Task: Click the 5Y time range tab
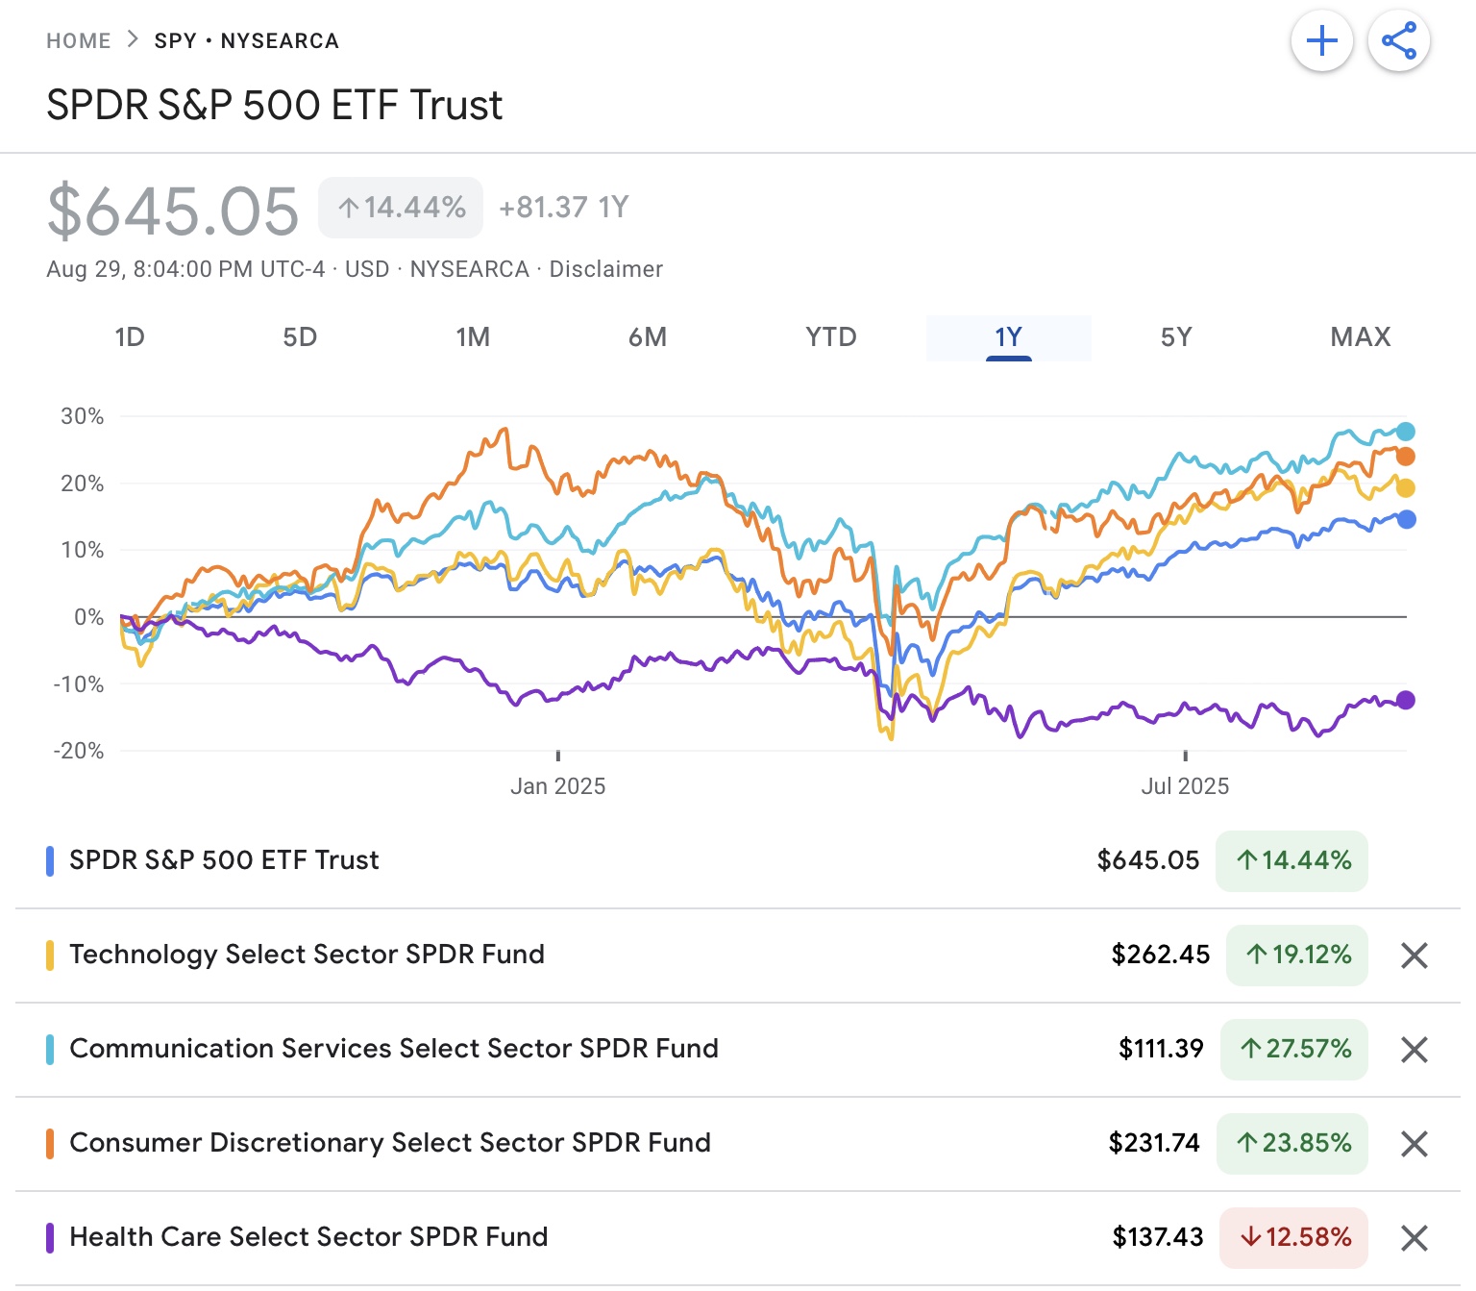coord(1175,337)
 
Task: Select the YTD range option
coord(830,337)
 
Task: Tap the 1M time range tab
coord(473,337)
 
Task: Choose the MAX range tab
coord(1360,337)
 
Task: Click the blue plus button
coord(1322,41)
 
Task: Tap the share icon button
coord(1399,41)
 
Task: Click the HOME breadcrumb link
coord(79,41)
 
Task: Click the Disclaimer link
coord(605,269)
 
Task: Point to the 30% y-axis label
coord(83,416)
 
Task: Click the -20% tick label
coord(79,751)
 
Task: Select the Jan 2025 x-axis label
coord(557,786)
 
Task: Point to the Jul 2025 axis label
coord(1185,786)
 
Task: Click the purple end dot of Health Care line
coord(1406,700)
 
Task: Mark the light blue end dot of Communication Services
coord(1406,432)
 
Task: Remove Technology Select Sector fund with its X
coord(1414,956)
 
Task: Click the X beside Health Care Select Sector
coord(1414,1238)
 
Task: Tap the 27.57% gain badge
coord(1294,1049)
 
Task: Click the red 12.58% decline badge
coord(1294,1237)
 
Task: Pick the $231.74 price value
coord(1154,1143)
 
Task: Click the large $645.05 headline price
coord(173,211)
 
